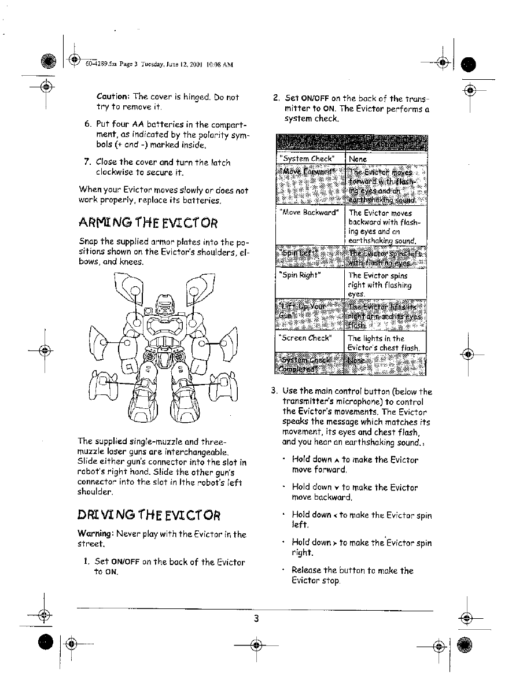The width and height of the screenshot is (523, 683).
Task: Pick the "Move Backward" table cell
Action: [x=310, y=213]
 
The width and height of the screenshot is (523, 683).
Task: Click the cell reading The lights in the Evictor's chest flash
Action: [x=384, y=343]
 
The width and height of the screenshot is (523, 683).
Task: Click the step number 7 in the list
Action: [x=87, y=163]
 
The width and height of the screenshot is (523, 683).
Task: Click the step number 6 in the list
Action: [x=87, y=124]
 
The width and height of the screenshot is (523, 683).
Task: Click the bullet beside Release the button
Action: [x=283, y=571]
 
